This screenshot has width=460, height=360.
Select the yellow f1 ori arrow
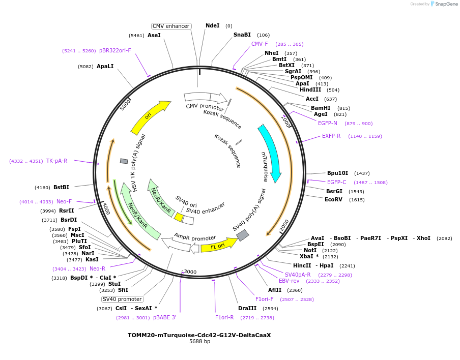218,247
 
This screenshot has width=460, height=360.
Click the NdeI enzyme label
213,25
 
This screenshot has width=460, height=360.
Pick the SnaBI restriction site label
242,35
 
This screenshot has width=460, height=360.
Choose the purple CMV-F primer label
260,44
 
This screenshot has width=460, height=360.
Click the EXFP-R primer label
331,136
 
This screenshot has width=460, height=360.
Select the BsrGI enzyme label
334,192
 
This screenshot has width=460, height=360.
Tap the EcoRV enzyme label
334,200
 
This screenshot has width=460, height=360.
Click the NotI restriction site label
310,250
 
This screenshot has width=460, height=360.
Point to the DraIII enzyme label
247,308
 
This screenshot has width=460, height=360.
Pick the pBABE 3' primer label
164,318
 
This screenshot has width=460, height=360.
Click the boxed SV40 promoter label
122,299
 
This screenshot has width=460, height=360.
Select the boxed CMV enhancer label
171,26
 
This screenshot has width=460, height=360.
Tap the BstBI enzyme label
61,188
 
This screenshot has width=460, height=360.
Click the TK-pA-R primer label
56,161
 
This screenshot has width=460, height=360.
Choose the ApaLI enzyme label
105,67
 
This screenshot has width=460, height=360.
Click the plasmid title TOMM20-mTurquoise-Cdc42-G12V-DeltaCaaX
199,335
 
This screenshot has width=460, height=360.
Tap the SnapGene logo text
446,4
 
